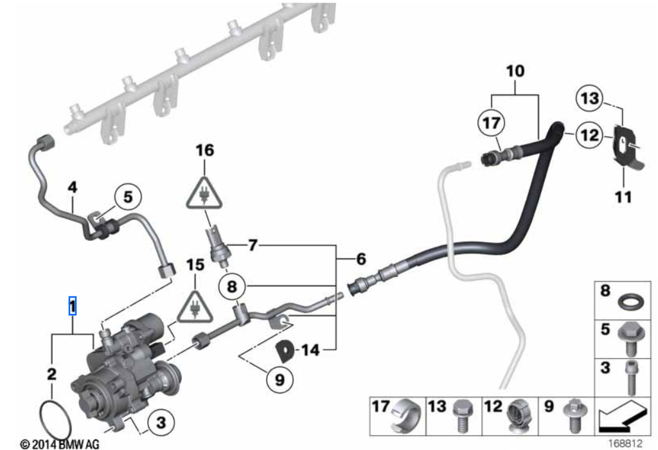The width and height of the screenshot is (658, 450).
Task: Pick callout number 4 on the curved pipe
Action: tap(73, 188)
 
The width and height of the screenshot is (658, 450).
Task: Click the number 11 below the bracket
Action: tap(622, 196)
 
